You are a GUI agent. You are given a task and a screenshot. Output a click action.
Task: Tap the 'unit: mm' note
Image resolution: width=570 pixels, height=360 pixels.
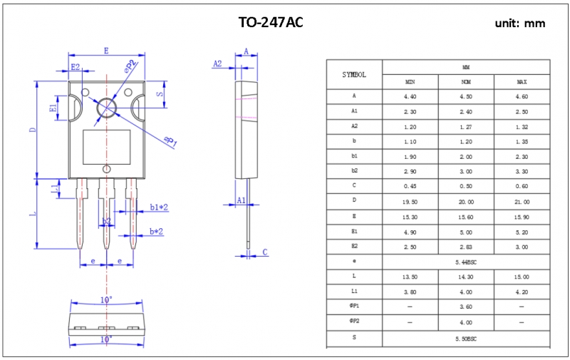click(520, 24)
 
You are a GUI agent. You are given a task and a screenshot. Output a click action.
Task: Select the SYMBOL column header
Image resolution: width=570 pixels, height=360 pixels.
click(354, 74)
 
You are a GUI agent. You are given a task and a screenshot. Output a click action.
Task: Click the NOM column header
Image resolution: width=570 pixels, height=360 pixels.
click(466, 82)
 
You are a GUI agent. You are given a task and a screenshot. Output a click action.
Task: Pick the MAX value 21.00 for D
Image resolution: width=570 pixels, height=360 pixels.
click(522, 202)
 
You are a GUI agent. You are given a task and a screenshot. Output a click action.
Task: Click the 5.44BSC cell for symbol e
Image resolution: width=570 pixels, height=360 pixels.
click(466, 262)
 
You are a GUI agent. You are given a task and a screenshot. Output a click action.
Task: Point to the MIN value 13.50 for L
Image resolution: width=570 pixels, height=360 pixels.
click(410, 277)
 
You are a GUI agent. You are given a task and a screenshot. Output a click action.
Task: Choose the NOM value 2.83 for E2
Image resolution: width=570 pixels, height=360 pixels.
click(466, 247)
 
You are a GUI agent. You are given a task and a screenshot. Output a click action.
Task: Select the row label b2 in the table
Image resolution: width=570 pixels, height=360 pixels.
click(354, 172)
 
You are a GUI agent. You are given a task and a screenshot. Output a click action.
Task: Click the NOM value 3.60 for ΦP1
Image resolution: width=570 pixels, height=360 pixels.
click(466, 307)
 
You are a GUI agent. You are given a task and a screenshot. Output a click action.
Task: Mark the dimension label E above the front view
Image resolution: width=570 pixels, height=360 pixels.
click(106, 51)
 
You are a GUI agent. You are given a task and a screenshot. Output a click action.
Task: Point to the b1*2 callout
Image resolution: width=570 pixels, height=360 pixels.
click(158, 207)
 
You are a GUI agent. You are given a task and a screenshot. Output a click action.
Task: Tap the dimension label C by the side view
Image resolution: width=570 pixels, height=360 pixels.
click(265, 252)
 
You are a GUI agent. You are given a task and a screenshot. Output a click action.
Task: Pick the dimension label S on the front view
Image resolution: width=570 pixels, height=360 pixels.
click(160, 93)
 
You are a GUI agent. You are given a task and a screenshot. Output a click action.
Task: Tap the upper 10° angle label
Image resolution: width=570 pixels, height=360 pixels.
click(105, 300)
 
